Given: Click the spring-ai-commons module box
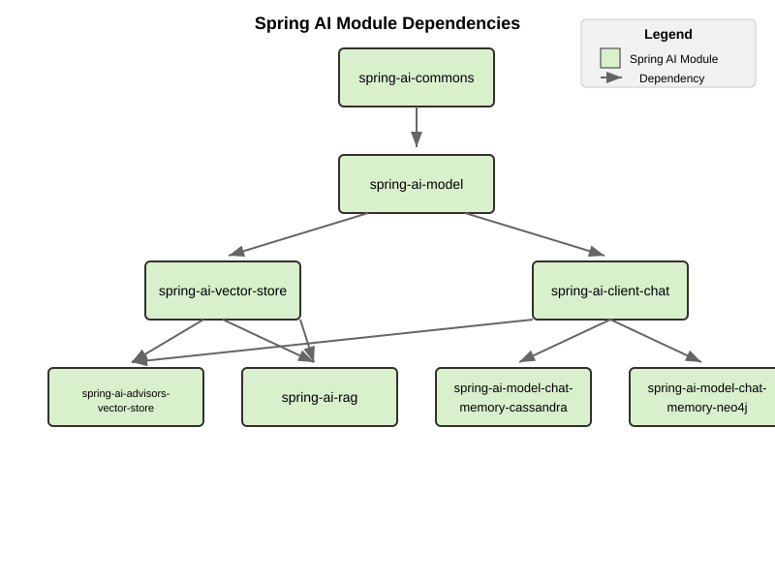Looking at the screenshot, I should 417,77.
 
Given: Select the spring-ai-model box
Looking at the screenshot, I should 417,184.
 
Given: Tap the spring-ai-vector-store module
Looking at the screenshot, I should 223,290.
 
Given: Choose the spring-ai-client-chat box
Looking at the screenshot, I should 610,290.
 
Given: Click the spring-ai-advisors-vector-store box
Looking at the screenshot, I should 126,397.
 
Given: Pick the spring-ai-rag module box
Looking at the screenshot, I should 320,397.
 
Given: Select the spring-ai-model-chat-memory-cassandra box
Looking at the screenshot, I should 513,397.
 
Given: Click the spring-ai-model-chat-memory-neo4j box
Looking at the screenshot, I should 702,397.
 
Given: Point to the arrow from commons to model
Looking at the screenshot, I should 417,126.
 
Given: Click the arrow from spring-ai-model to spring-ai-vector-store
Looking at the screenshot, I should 298,234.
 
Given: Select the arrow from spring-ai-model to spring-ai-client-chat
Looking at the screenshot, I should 535,234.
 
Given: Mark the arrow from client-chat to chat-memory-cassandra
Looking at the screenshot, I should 566,340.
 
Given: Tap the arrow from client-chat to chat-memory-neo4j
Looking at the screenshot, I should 655,340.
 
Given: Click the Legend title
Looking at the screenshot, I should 668,34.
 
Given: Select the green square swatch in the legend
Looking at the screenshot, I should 610,58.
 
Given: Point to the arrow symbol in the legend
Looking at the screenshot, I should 611,77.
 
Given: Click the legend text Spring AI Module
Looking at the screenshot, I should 673,59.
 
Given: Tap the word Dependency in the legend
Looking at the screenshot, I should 671,78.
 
